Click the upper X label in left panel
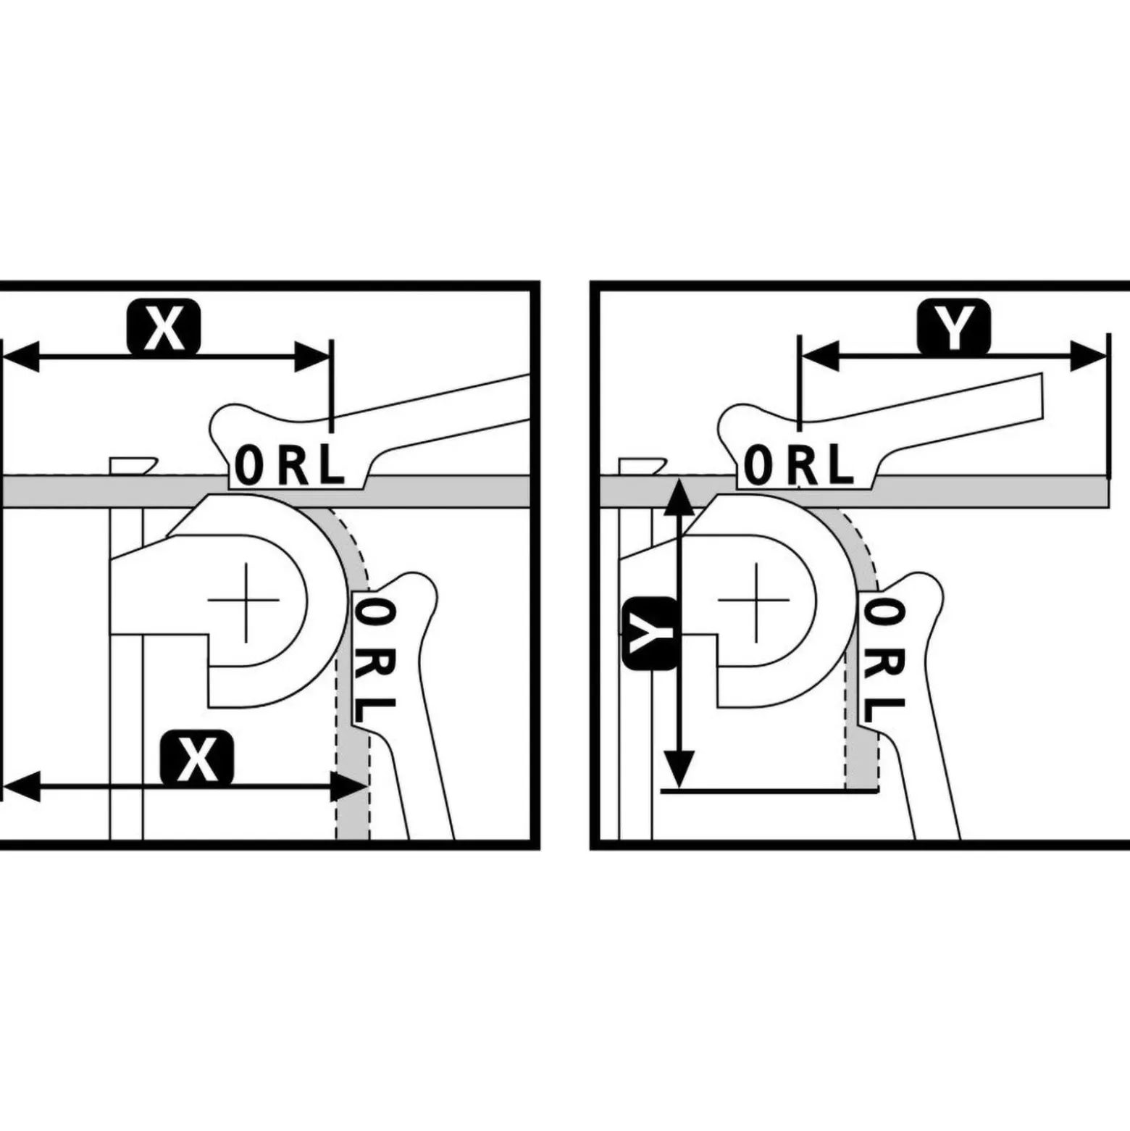click(164, 327)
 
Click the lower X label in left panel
click(197, 759)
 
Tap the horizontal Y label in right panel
click(954, 326)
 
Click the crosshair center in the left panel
click(245, 600)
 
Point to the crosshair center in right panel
click(754, 600)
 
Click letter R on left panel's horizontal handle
click(293, 465)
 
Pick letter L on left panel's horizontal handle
click(331, 465)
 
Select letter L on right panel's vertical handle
click(884, 710)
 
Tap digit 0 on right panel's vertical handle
click(884, 612)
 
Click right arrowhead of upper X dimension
click(312, 356)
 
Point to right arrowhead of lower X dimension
click(349, 787)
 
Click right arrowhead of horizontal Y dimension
click(1089, 356)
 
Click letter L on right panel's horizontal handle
click(841, 465)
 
